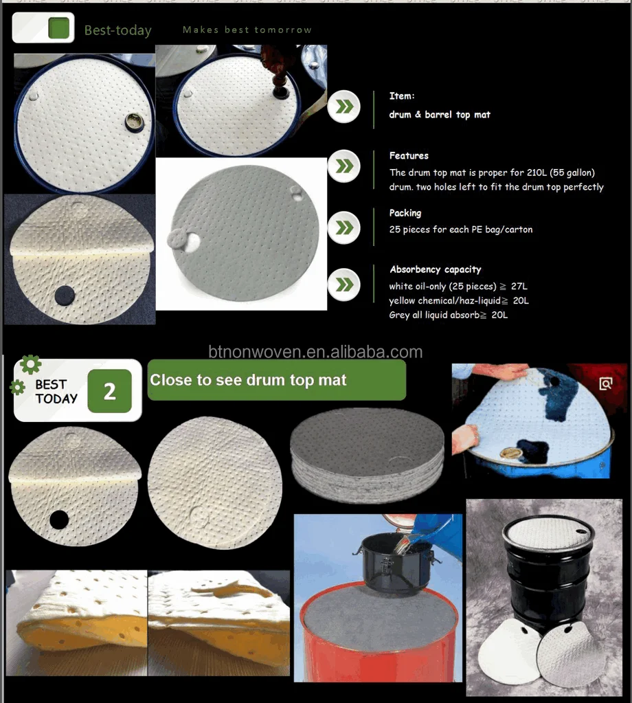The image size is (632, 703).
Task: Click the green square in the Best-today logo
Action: tap(60, 28)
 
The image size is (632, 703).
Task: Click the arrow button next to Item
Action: tap(343, 107)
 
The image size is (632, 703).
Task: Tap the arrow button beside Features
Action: tap(343, 166)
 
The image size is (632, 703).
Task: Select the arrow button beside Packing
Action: tap(343, 226)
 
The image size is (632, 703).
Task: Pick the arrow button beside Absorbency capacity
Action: tap(343, 284)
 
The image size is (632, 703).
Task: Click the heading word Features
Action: tap(409, 156)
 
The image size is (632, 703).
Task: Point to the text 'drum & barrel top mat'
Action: tap(440, 115)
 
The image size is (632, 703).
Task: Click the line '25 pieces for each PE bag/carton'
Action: tap(460, 230)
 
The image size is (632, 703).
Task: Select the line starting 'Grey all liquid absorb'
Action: tap(448, 315)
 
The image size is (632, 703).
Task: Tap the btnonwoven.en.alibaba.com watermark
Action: tap(315, 352)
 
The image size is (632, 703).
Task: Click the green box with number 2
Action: tap(110, 392)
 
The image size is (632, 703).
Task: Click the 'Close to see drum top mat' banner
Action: tap(276, 380)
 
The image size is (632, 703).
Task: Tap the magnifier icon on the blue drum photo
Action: tap(605, 383)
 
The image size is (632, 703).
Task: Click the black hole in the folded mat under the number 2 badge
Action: tap(59, 520)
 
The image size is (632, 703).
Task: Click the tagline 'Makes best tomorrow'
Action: tap(247, 30)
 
